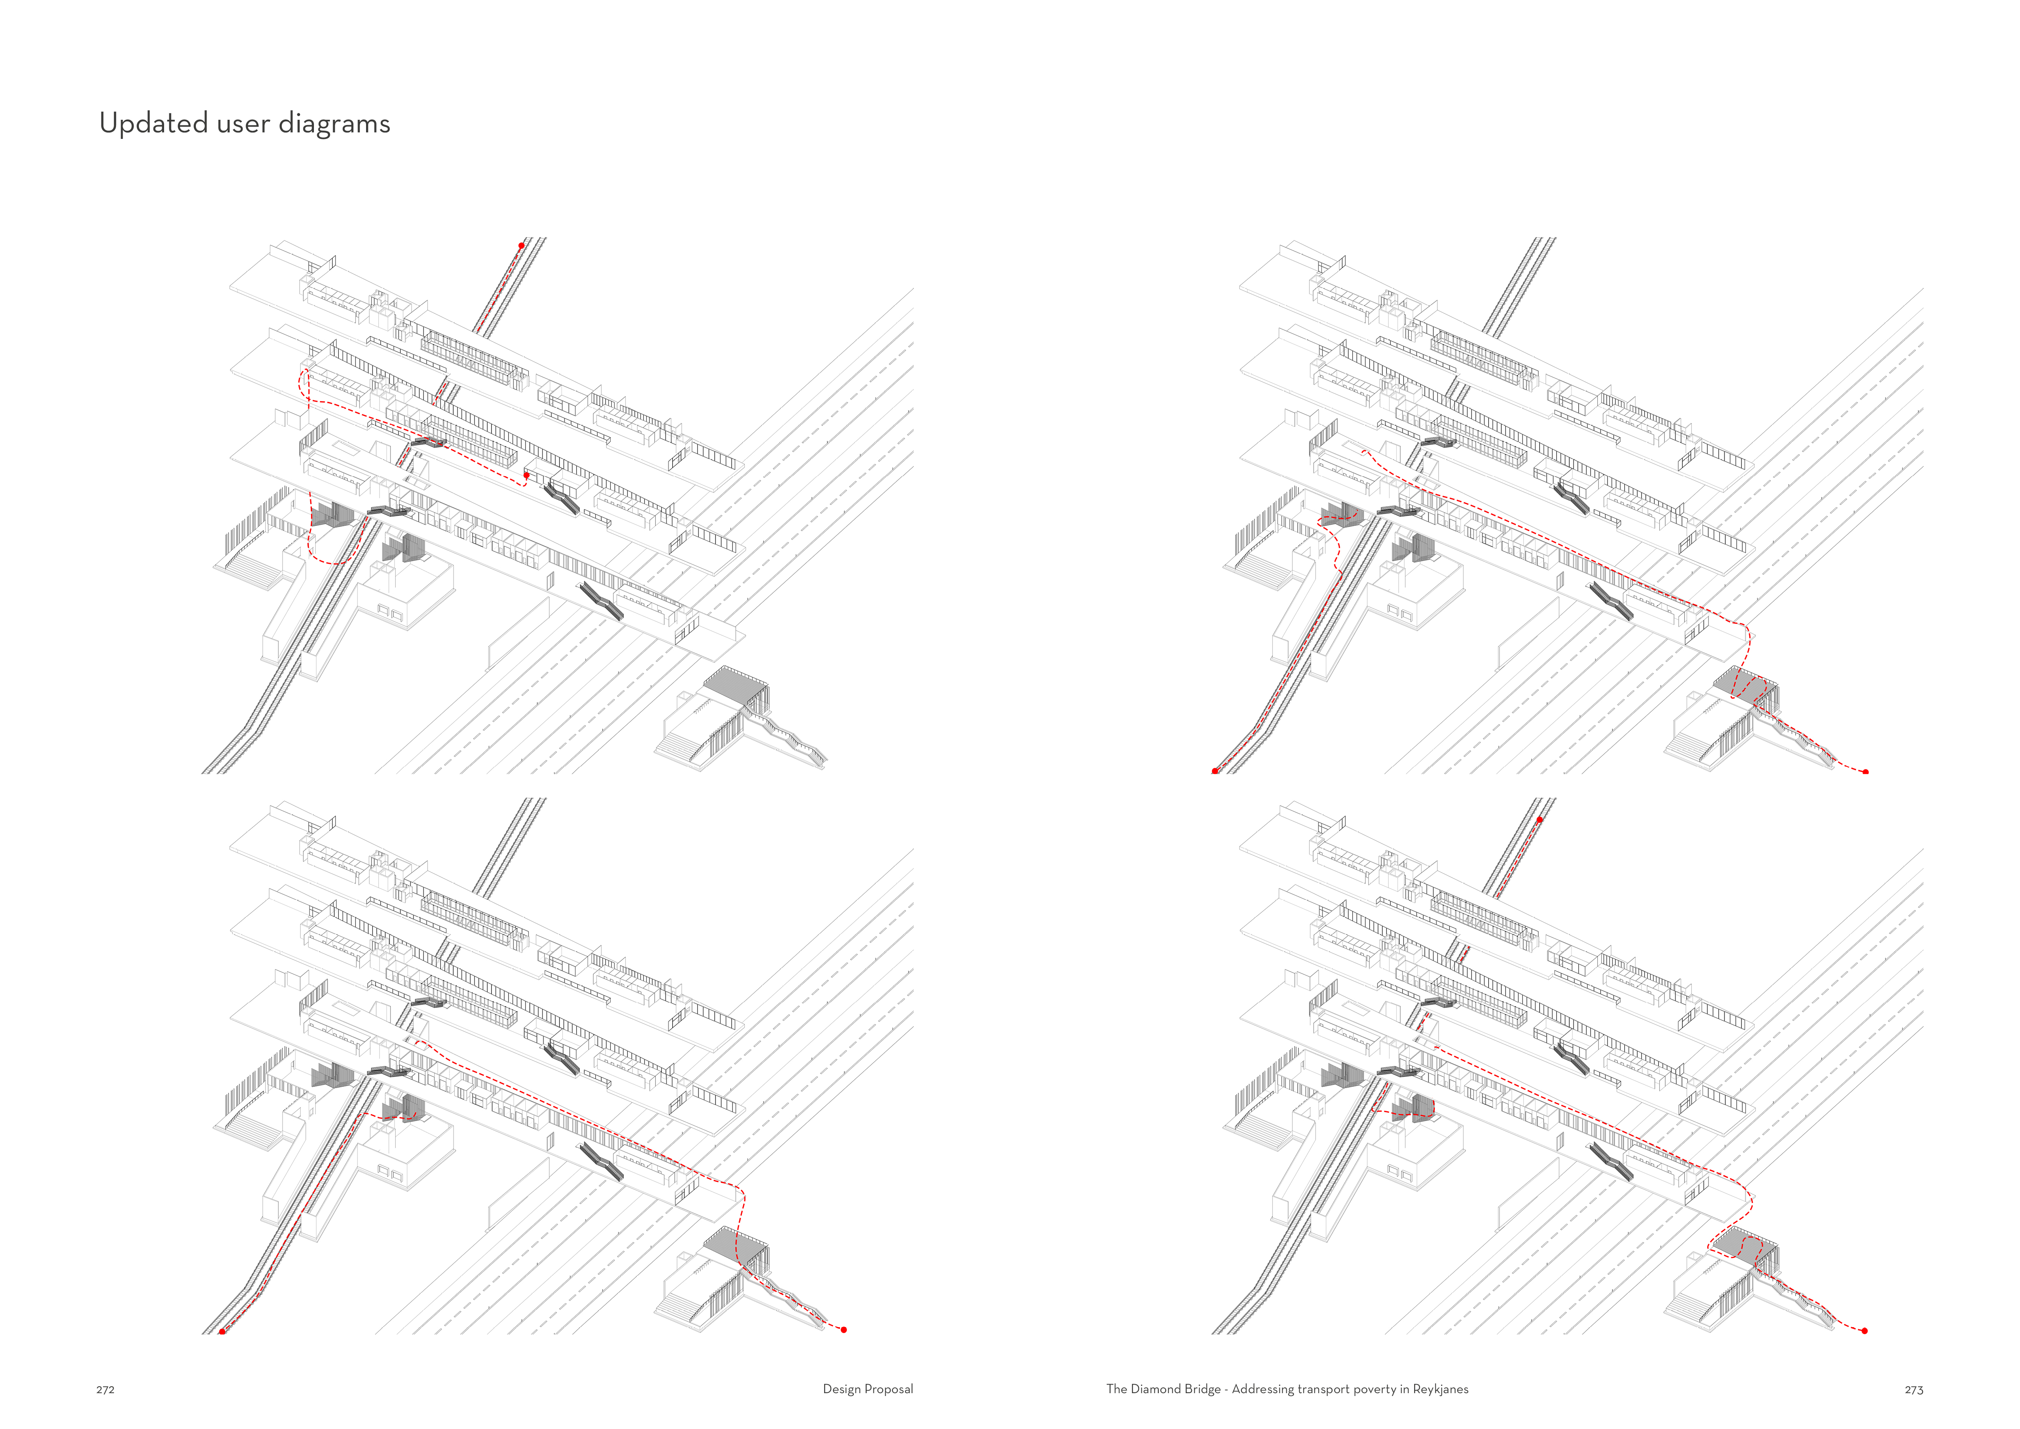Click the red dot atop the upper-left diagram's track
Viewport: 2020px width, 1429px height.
(522, 246)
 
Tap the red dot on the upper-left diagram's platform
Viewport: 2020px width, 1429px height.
(526, 475)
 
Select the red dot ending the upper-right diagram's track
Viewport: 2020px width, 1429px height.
(1215, 771)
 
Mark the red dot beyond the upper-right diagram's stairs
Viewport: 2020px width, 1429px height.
(1866, 772)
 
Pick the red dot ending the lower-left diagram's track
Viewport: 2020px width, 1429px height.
(223, 1331)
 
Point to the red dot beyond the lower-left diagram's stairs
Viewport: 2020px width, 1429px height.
(844, 1330)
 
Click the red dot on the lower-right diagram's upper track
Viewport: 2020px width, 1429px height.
(1540, 820)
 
